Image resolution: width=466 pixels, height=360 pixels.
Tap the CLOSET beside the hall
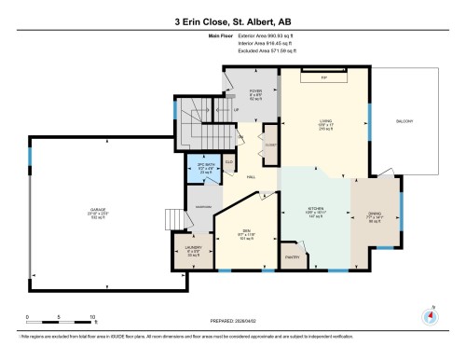click(x=269, y=146)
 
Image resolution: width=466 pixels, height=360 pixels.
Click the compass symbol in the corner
click(x=430, y=314)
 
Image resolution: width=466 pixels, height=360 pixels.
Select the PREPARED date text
click(x=232, y=316)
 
